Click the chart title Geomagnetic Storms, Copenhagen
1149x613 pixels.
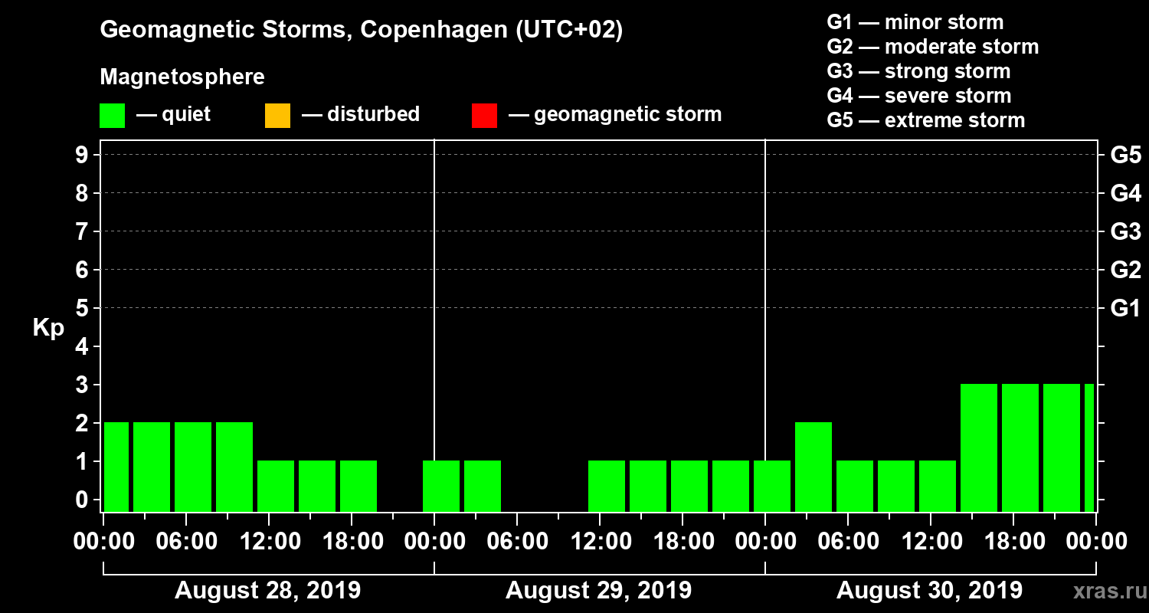[361, 30]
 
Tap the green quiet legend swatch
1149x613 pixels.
[112, 116]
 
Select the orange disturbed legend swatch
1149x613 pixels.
[277, 116]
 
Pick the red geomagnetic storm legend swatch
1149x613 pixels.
[484, 116]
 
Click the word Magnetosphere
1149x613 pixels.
[182, 77]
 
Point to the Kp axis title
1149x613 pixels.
[48, 327]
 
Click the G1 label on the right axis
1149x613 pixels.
[1125, 308]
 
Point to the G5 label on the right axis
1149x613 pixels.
[1125, 155]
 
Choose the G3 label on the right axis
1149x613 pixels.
[1125, 231]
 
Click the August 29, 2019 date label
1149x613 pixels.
[598, 591]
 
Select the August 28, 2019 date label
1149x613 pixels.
[267, 591]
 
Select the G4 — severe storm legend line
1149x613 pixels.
[918, 96]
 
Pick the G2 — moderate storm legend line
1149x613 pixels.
[932, 47]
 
